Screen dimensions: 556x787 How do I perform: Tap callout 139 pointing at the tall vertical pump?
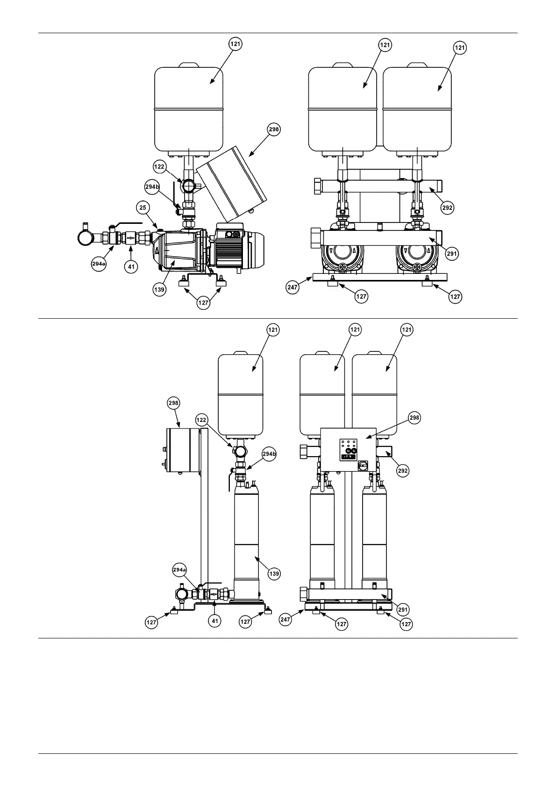pyautogui.click(x=274, y=573)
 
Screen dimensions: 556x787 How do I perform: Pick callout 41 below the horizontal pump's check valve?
pyautogui.click(x=132, y=267)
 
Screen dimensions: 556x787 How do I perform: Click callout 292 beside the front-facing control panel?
pyautogui.click(x=403, y=471)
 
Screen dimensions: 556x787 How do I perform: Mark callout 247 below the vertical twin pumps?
pyautogui.click(x=285, y=620)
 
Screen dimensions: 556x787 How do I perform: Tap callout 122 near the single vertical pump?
pyautogui.click(x=201, y=419)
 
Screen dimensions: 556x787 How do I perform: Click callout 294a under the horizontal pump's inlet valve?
pyautogui.click(x=99, y=264)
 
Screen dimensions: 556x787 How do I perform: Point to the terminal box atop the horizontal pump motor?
pyautogui.click(x=229, y=233)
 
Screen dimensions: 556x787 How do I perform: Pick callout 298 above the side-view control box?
pyautogui.click(x=173, y=402)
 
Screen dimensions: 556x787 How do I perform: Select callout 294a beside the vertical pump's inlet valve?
pyautogui.click(x=179, y=569)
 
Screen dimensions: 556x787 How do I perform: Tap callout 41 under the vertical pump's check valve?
pyautogui.click(x=215, y=621)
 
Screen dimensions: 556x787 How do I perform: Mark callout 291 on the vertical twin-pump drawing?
pyautogui.click(x=403, y=609)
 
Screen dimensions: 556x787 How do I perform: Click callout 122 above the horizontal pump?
pyautogui.click(x=160, y=166)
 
